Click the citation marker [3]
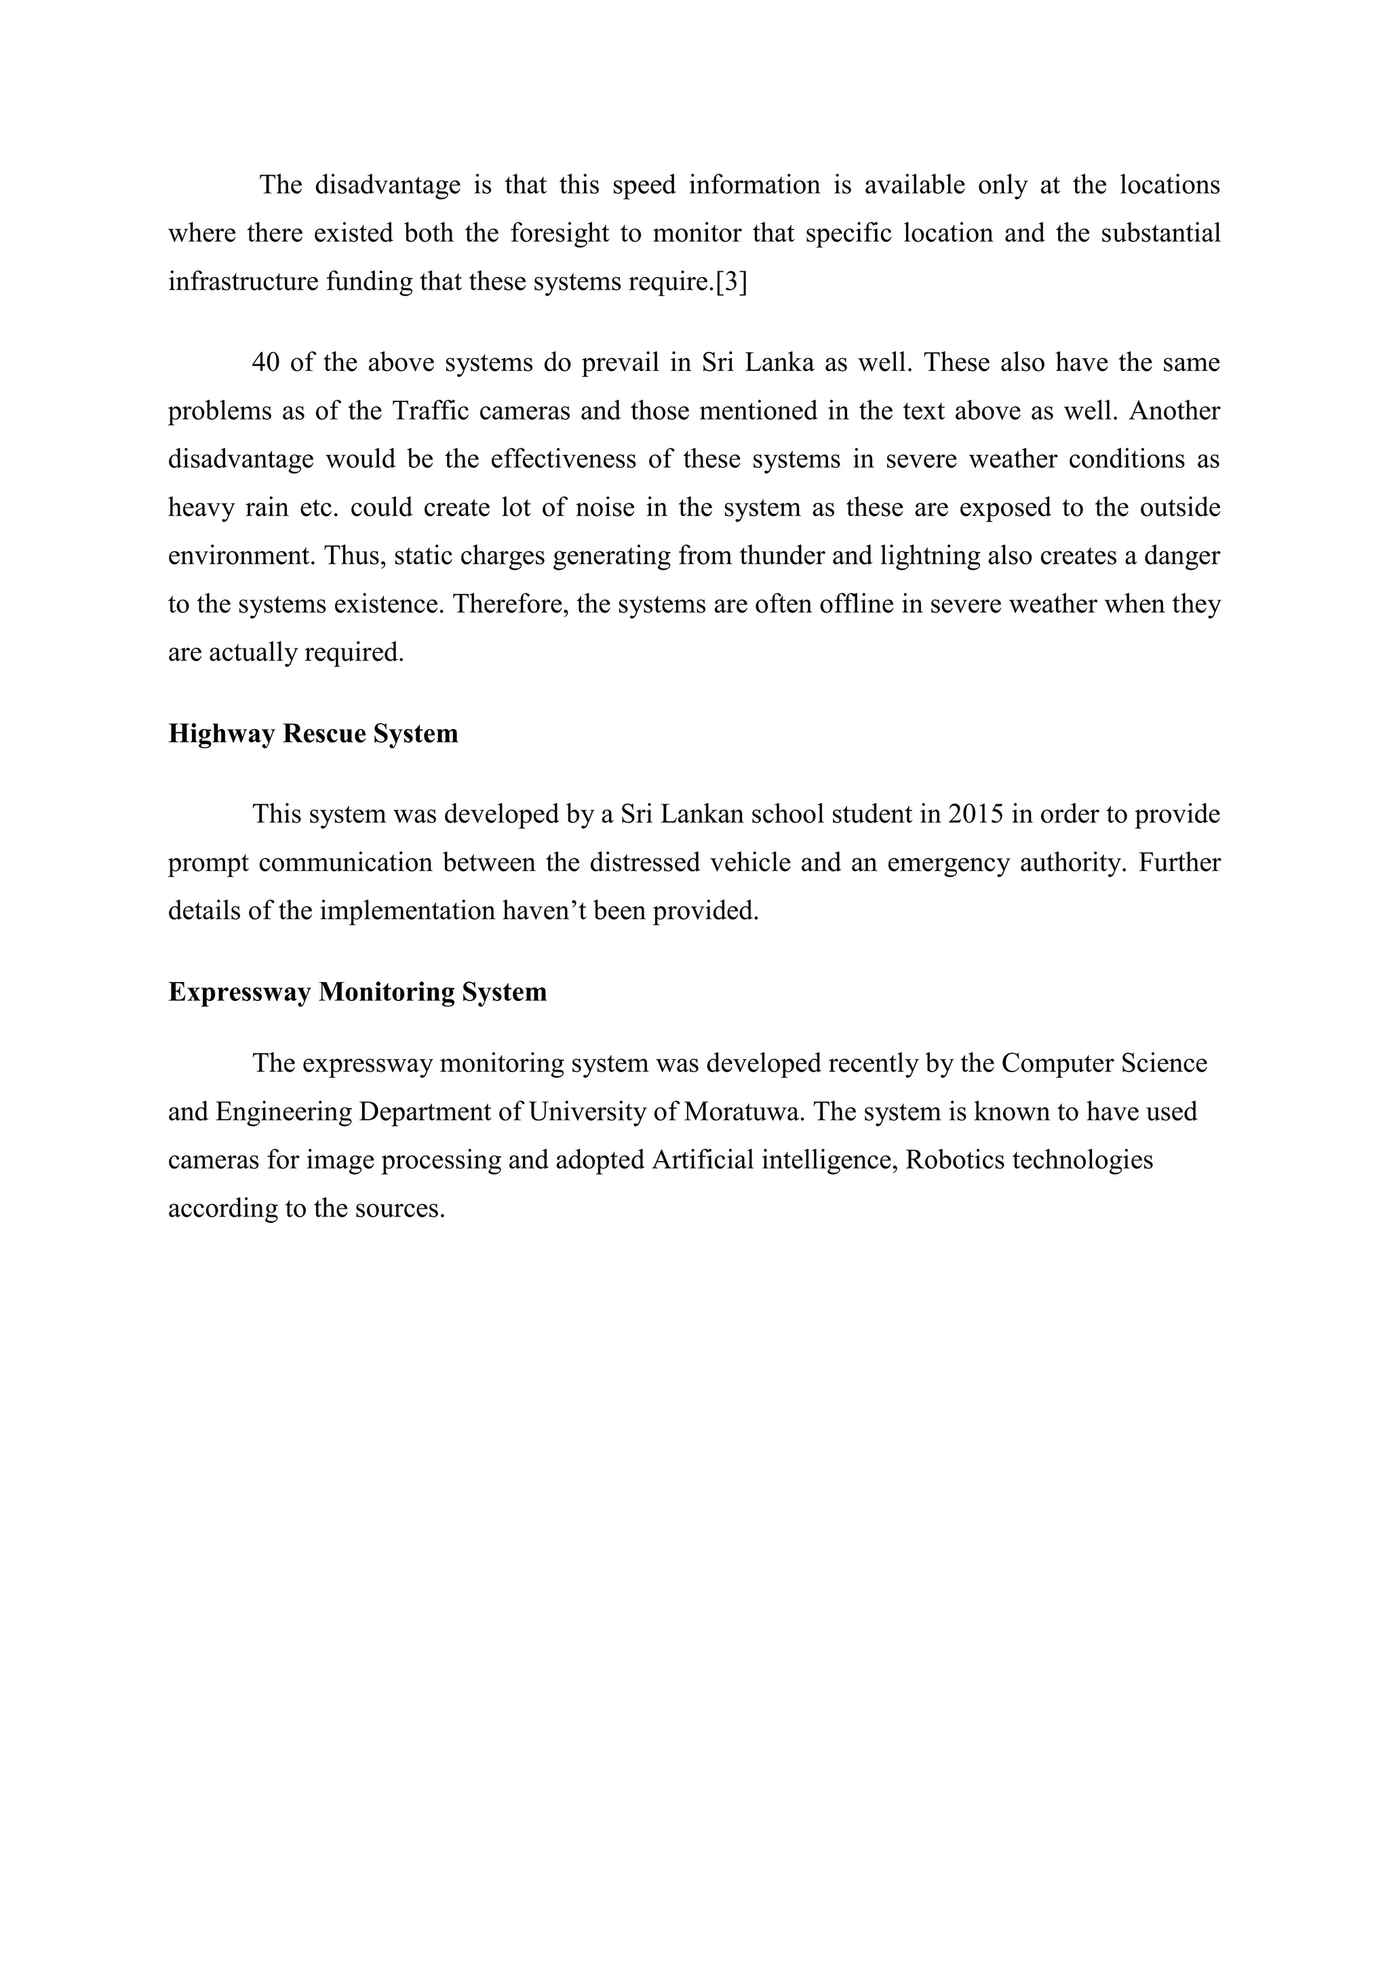pos(730,281)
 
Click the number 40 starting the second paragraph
pos(266,363)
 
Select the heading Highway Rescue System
pos(313,734)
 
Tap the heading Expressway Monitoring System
pos(357,992)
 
